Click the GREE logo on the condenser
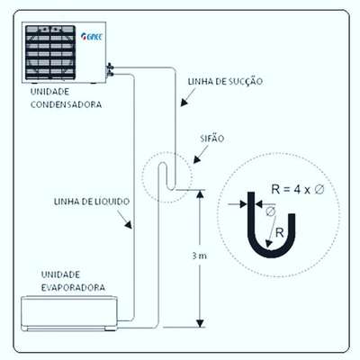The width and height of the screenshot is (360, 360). (92, 36)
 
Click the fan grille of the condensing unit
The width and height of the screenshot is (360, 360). (50, 52)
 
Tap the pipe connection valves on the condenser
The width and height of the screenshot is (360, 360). (110, 69)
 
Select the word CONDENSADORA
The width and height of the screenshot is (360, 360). (66, 104)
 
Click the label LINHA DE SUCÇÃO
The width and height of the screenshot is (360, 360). (225, 82)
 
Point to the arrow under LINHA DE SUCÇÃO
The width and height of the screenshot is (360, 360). (187, 97)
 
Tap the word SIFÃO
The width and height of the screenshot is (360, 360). (212, 139)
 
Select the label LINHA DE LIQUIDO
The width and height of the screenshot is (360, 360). (92, 202)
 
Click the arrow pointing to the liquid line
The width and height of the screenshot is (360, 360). (124, 220)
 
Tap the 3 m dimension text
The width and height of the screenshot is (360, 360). (199, 256)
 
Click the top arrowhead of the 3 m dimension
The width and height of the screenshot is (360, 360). (200, 193)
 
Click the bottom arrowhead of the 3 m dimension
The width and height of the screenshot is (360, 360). (200, 323)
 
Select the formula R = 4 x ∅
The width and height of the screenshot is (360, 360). (298, 190)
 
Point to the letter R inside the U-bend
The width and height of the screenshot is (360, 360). (280, 233)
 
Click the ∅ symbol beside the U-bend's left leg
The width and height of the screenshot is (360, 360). (270, 211)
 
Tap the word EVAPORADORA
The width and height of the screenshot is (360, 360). (73, 287)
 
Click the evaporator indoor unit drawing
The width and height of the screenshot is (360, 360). (69, 313)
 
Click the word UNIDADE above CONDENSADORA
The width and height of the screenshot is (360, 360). (49, 92)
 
